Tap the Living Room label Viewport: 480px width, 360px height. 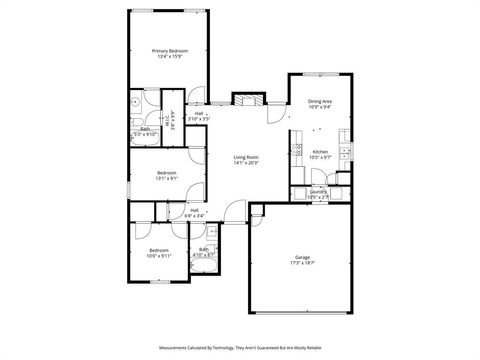coord(246,157)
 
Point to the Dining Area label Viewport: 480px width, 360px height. coord(320,100)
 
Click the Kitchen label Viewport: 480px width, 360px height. coord(320,152)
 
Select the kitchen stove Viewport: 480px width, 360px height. coord(297,151)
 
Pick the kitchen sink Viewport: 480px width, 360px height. coord(343,153)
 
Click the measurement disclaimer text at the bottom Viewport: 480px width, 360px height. coord(240,347)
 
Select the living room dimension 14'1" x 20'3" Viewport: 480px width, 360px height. coord(246,163)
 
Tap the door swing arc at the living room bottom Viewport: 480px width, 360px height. coord(234,210)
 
